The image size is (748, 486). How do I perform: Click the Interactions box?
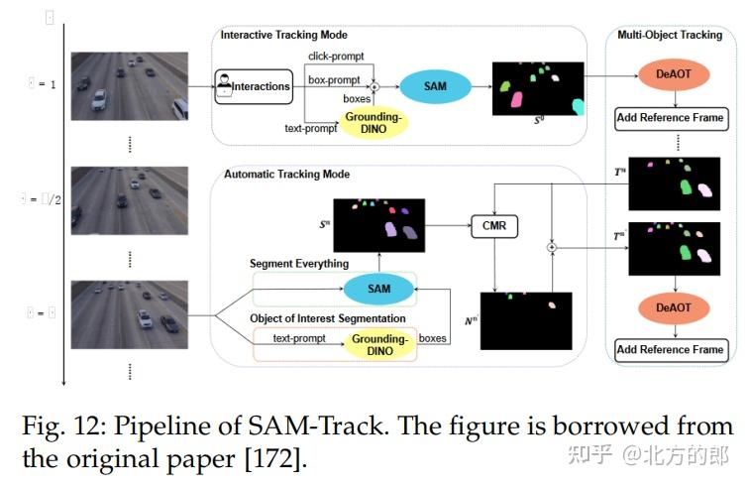coord(255,86)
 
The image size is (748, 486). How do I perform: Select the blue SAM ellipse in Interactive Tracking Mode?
coord(435,86)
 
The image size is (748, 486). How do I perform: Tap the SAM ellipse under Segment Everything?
coord(378,289)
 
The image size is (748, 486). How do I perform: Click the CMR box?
coord(493,226)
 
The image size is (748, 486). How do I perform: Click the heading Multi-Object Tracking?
coord(670,36)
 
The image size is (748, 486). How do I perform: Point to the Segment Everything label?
coord(298,263)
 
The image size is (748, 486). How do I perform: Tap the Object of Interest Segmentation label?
coord(327,318)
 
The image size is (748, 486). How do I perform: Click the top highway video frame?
coord(130,86)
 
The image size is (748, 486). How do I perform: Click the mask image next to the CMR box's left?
coord(378,224)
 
